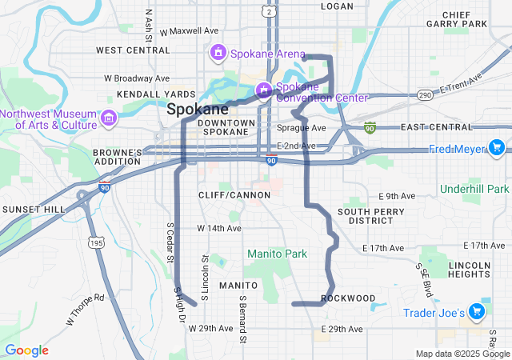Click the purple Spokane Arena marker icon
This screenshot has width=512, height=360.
pyautogui.click(x=216, y=53)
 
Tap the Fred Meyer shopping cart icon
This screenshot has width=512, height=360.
pyautogui.click(x=496, y=147)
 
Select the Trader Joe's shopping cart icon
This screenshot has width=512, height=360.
pyautogui.click(x=477, y=311)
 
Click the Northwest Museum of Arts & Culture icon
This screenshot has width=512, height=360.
pyautogui.click(x=109, y=119)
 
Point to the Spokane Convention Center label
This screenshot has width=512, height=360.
pyautogui.click(x=322, y=92)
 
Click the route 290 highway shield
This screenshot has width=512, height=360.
pyautogui.click(x=425, y=94)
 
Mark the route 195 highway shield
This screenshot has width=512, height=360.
pyautogui.click(x=97, y=242)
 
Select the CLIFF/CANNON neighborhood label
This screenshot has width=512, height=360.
pyautogui.click(x=228, y=195)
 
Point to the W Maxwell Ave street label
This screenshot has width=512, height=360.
pyautogui.click(x=190, y=31)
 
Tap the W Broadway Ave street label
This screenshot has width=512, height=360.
pyautogui.click(x=137, y=78)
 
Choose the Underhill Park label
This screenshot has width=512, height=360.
pyautogui.click(x=474, y=189)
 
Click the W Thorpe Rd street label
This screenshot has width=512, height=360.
pyautogui.click(x=86, y=310)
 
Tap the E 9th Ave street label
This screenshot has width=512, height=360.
pyautogui.click(x=397, y=196)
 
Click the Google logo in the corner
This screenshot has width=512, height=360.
pyautogui.click(x=26, y=350)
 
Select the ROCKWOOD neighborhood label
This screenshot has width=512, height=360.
pyautogui.click(x=347, y=298)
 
